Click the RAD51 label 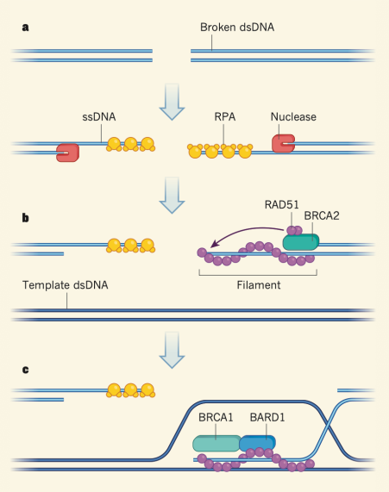coord(284,204)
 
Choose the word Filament coord(257,284)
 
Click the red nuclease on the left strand coord(68,152)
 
